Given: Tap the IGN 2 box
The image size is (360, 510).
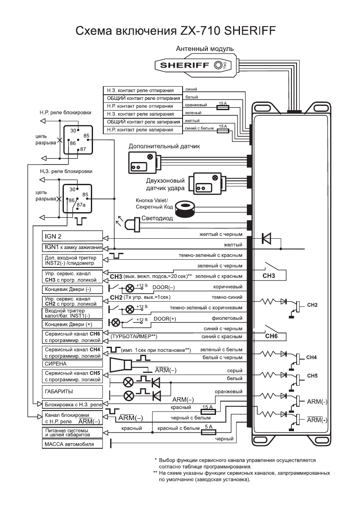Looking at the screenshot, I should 72,236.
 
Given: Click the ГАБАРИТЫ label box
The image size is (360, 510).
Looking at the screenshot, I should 72,391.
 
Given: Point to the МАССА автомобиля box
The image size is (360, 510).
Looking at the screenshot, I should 72,444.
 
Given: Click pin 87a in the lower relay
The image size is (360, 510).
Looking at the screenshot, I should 81,205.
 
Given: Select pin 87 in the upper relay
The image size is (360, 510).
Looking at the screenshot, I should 83,149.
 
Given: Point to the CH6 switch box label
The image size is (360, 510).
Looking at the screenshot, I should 271,336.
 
